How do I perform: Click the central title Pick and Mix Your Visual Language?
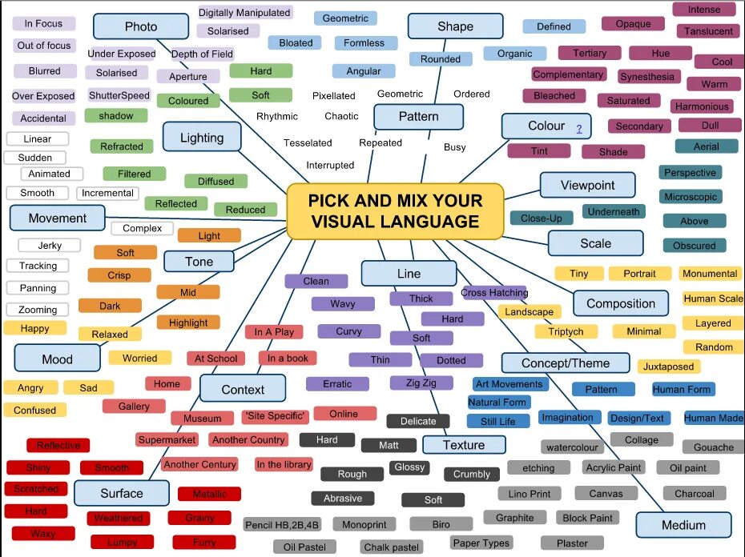click(x=395, y=211)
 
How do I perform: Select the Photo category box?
click(x=141, y=26)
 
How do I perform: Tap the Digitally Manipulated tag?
click(x=244, y=13)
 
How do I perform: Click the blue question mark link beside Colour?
click(x=578, y=128)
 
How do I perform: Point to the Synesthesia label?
click(x=646, y=77)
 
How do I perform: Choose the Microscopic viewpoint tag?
click(x=691, y=197)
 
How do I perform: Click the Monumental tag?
click(x=710, y=274)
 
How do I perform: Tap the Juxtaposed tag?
click(x=669, y=367)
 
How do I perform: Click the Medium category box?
click(x=683, y=525)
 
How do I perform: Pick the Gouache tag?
click(x=713, y=447)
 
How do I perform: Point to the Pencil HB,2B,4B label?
click(x=282, y=525)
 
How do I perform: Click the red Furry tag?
click(x=204, y=543)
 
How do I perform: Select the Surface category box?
click(x=122, y=493)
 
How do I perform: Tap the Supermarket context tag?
click(x=167, y=440)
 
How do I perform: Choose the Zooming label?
click(x=38, y=310)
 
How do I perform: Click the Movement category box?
click(x=58, y=218)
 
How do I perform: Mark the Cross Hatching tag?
click(x=494, y=293)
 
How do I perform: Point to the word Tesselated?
click(x=308, y=143)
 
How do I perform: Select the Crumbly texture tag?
click(x=472, y=475)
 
